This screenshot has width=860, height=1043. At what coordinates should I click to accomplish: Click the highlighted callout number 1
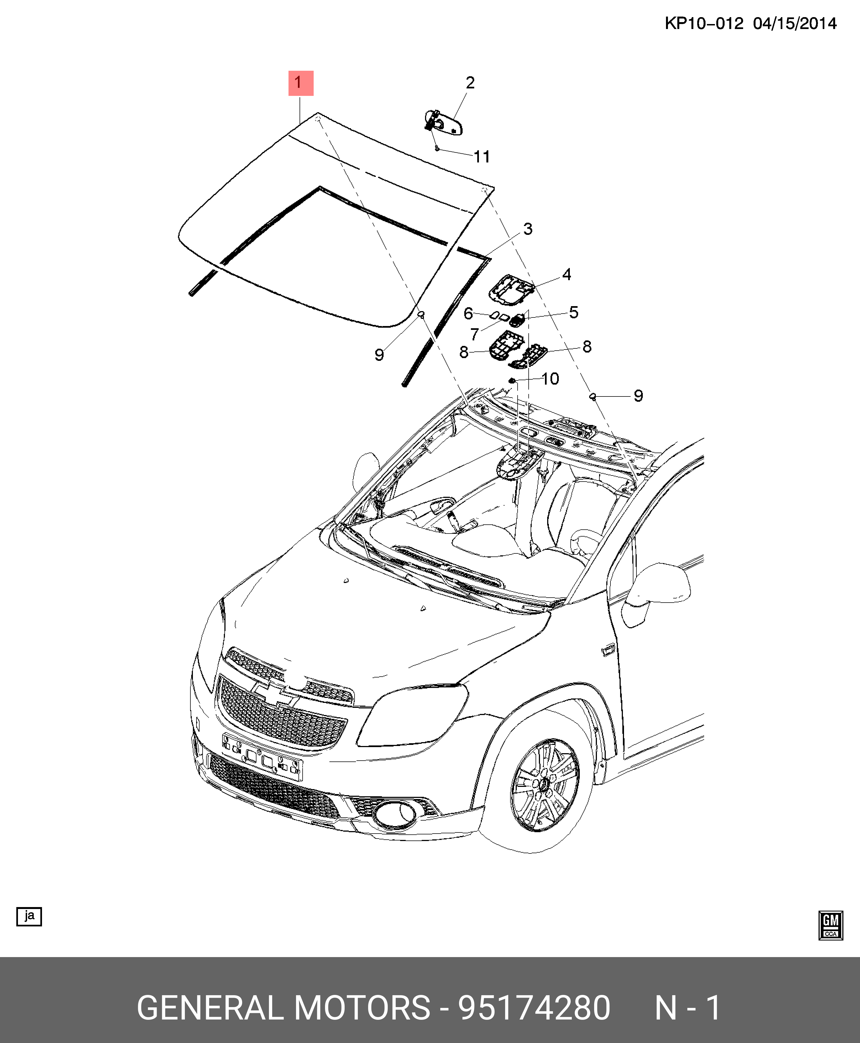coord(301,83)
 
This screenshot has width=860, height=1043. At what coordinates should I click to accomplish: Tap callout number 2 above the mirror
coord(470,83)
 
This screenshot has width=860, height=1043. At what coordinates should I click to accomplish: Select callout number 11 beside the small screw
coord(481,157)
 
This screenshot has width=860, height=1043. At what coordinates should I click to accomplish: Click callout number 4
coord(567,274)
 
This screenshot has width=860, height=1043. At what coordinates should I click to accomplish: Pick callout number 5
coord(574,312)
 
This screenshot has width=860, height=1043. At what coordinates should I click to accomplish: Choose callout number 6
coord(468,314)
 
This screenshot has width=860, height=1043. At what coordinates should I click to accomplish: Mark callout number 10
coord(550,379)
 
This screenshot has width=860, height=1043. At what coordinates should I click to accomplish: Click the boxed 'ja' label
coord(29,916)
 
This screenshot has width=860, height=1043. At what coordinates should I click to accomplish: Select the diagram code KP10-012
coord(704,23)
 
